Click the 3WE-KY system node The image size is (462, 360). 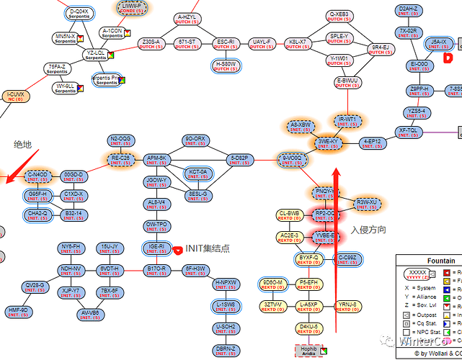pyautogui.click(x=328, y=143)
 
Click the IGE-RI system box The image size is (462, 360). pyautogui.click(x=157, y=248)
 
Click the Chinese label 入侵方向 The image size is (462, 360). pyautogui.click(x=368, y=230)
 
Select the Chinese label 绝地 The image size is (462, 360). pyautogui.click(x=23, y=145)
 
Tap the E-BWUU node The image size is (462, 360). pyautogui.click(x=348, y=82)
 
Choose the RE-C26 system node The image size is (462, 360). pyautogui.click(x=120, y=159)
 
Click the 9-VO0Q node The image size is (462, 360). pyautogui.click(x=292, y=159)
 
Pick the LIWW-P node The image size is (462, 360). pyautogui.click(x=131, y=8)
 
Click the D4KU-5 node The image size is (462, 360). pyautogui.click(x=311, y=329)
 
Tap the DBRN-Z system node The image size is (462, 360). pyautogui.click(x=226, y=351)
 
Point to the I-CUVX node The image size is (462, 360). pyautogui.click(x=16, y=96)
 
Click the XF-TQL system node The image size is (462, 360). pyautogui.click(x=409, y=132)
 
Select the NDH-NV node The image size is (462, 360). pyautogui.click(x=71, y=270)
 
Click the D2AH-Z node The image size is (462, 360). pyautogui.click(x=409, y=11)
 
